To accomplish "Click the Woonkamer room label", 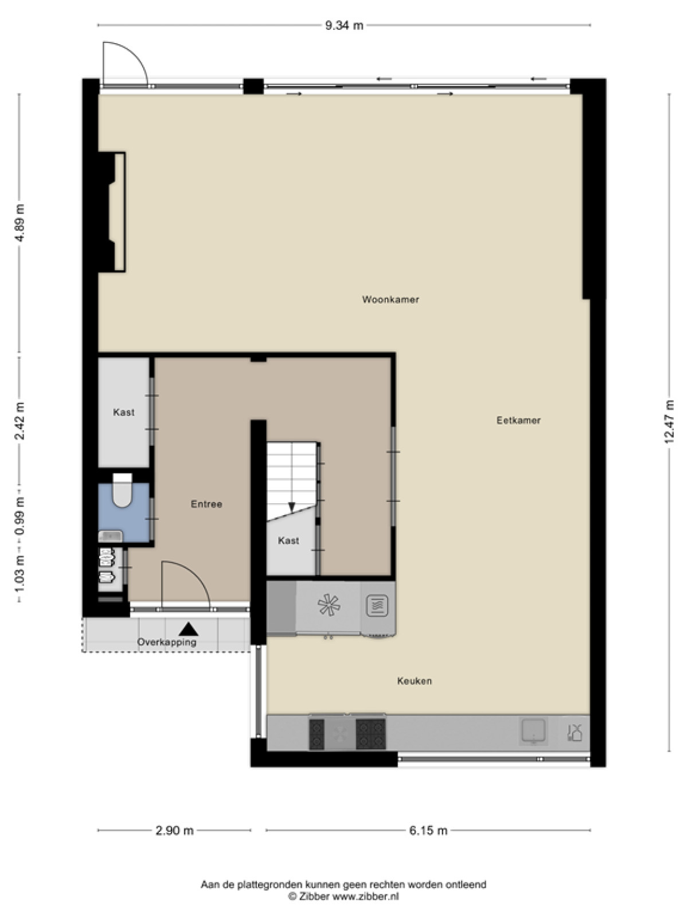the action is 390,299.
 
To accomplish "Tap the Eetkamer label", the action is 518,421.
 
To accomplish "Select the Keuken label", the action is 415,681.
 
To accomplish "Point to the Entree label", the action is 206,504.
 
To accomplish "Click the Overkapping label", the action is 167,642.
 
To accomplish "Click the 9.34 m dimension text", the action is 344,25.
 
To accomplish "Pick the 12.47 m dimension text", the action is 669,422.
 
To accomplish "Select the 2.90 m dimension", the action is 175,830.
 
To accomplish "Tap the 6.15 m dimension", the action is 428,830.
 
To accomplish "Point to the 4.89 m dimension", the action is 19,223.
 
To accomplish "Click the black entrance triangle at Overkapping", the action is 189,629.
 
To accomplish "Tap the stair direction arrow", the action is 292,507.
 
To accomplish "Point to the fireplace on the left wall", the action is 112,212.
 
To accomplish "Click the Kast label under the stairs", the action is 288,541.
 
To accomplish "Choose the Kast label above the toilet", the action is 124,413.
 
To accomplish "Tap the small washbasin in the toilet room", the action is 111,536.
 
